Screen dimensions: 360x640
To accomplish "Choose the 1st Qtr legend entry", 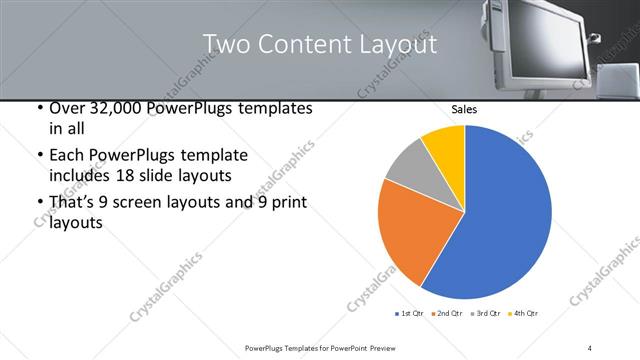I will tap(409, 314).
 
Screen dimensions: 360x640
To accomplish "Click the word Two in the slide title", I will tap(224, 45).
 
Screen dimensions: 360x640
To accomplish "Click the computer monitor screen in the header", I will tap(545, 40).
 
